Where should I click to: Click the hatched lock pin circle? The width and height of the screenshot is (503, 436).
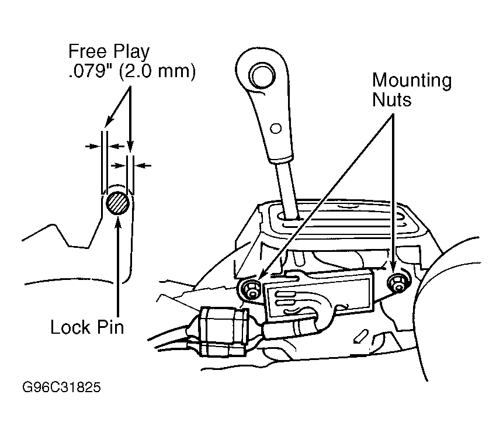click(x=118, y=203)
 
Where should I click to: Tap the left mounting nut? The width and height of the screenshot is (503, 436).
click(x=251, y=288)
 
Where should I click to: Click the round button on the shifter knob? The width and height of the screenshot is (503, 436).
click(x=262, y=77)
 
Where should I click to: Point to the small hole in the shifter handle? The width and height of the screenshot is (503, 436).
click(x=276, y=129)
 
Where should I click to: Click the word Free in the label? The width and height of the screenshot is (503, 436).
click(x=87, y=51)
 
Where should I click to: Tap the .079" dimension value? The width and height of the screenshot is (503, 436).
click(x=90, y=71)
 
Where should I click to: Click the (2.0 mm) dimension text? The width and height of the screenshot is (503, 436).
click(x=157, y=72)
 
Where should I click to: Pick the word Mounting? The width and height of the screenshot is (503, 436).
click(x=412, y=81)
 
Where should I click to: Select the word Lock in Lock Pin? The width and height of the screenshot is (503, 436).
click(x=70, y=328)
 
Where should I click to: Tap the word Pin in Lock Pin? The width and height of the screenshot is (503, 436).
click(x=110, y=328)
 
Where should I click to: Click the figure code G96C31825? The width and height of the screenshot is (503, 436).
click(x=61, y=387)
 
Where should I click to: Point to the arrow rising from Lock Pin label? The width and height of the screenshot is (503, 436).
click(x=119, y=267)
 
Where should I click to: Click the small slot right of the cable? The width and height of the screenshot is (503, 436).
click(x=360, y=335)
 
